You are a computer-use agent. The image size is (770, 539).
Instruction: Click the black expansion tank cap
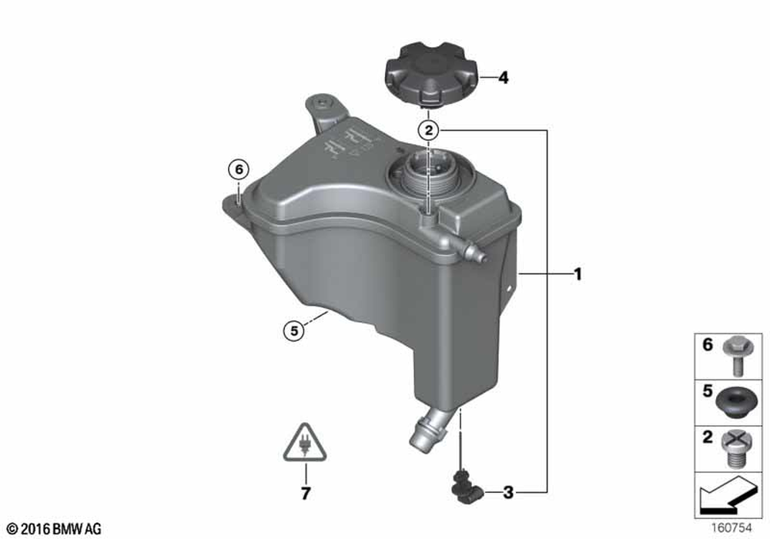click(431, 76)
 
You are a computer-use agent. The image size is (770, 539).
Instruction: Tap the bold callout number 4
click(504, 78)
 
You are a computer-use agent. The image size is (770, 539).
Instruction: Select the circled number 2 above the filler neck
click(429, 131)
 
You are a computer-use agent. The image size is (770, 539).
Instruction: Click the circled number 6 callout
click(239, 170)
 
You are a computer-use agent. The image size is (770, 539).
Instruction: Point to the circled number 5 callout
click(293, 331)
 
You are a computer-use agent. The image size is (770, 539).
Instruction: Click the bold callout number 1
click(578, 274)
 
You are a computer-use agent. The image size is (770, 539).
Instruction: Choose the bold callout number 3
click(507, 492)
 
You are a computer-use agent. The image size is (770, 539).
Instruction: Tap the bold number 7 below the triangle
click(306, 494)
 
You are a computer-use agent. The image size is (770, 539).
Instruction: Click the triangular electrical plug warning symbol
click(305, 444)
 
